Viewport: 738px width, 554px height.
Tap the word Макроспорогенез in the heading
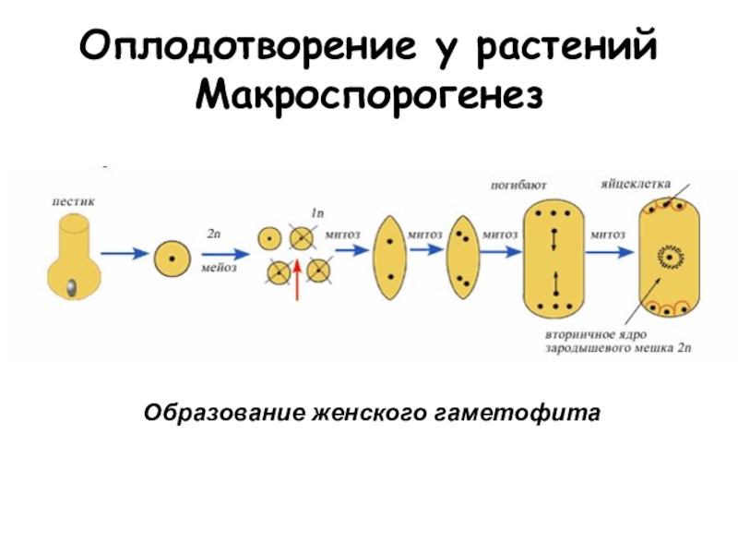(368, 93)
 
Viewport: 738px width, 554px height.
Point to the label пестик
(71, 199)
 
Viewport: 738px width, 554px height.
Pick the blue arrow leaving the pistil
(123, 254)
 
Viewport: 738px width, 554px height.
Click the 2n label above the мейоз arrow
(214, 235)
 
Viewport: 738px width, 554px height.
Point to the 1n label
(316, 214)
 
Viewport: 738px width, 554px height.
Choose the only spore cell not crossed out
(269, 238)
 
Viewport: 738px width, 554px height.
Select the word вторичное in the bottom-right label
(574, 336)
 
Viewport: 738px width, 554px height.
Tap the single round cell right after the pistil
(172, 257)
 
